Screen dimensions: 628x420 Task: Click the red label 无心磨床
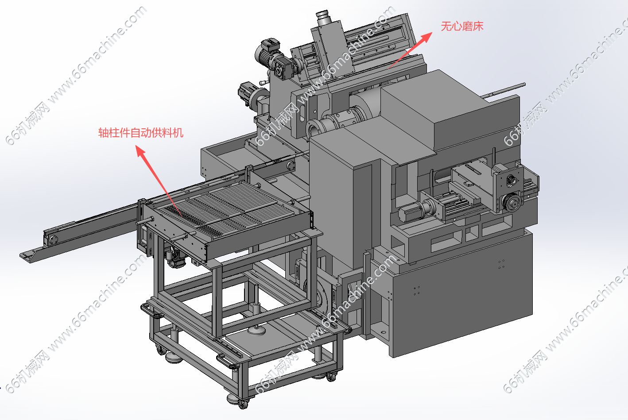pyautogui.click(x=462, y=27)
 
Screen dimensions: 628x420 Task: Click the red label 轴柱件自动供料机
pyautogui.click(x=141, y=132)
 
